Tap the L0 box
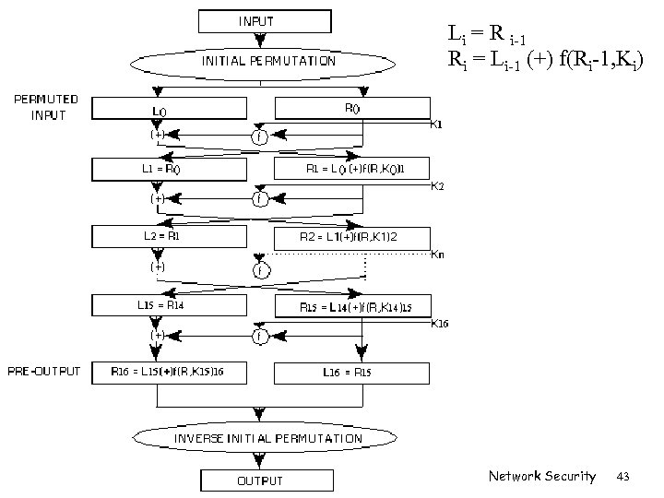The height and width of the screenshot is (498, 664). coord(170,110)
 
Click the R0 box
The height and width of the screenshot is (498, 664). coord(352,108)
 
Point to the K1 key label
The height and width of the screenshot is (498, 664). coord(437,125)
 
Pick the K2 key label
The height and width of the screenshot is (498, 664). coord(438,186)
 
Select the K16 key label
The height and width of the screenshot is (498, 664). coord(440,323)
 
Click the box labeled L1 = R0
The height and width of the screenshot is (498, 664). coord(170,169)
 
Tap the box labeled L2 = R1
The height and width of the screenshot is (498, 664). coord(170,237)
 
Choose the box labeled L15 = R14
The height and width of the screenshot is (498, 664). coord(170,305)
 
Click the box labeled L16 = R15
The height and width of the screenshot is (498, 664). coord(352,373)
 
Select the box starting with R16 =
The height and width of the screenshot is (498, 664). coord(170,373)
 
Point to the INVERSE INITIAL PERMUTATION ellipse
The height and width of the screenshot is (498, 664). coord(268,438)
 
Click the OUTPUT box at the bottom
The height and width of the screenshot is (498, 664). coord(260,480)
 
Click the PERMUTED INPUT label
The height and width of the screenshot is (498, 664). coord(43,106)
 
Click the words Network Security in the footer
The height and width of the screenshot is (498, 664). coord(542,476)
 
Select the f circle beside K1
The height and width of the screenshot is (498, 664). coord(261,136)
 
